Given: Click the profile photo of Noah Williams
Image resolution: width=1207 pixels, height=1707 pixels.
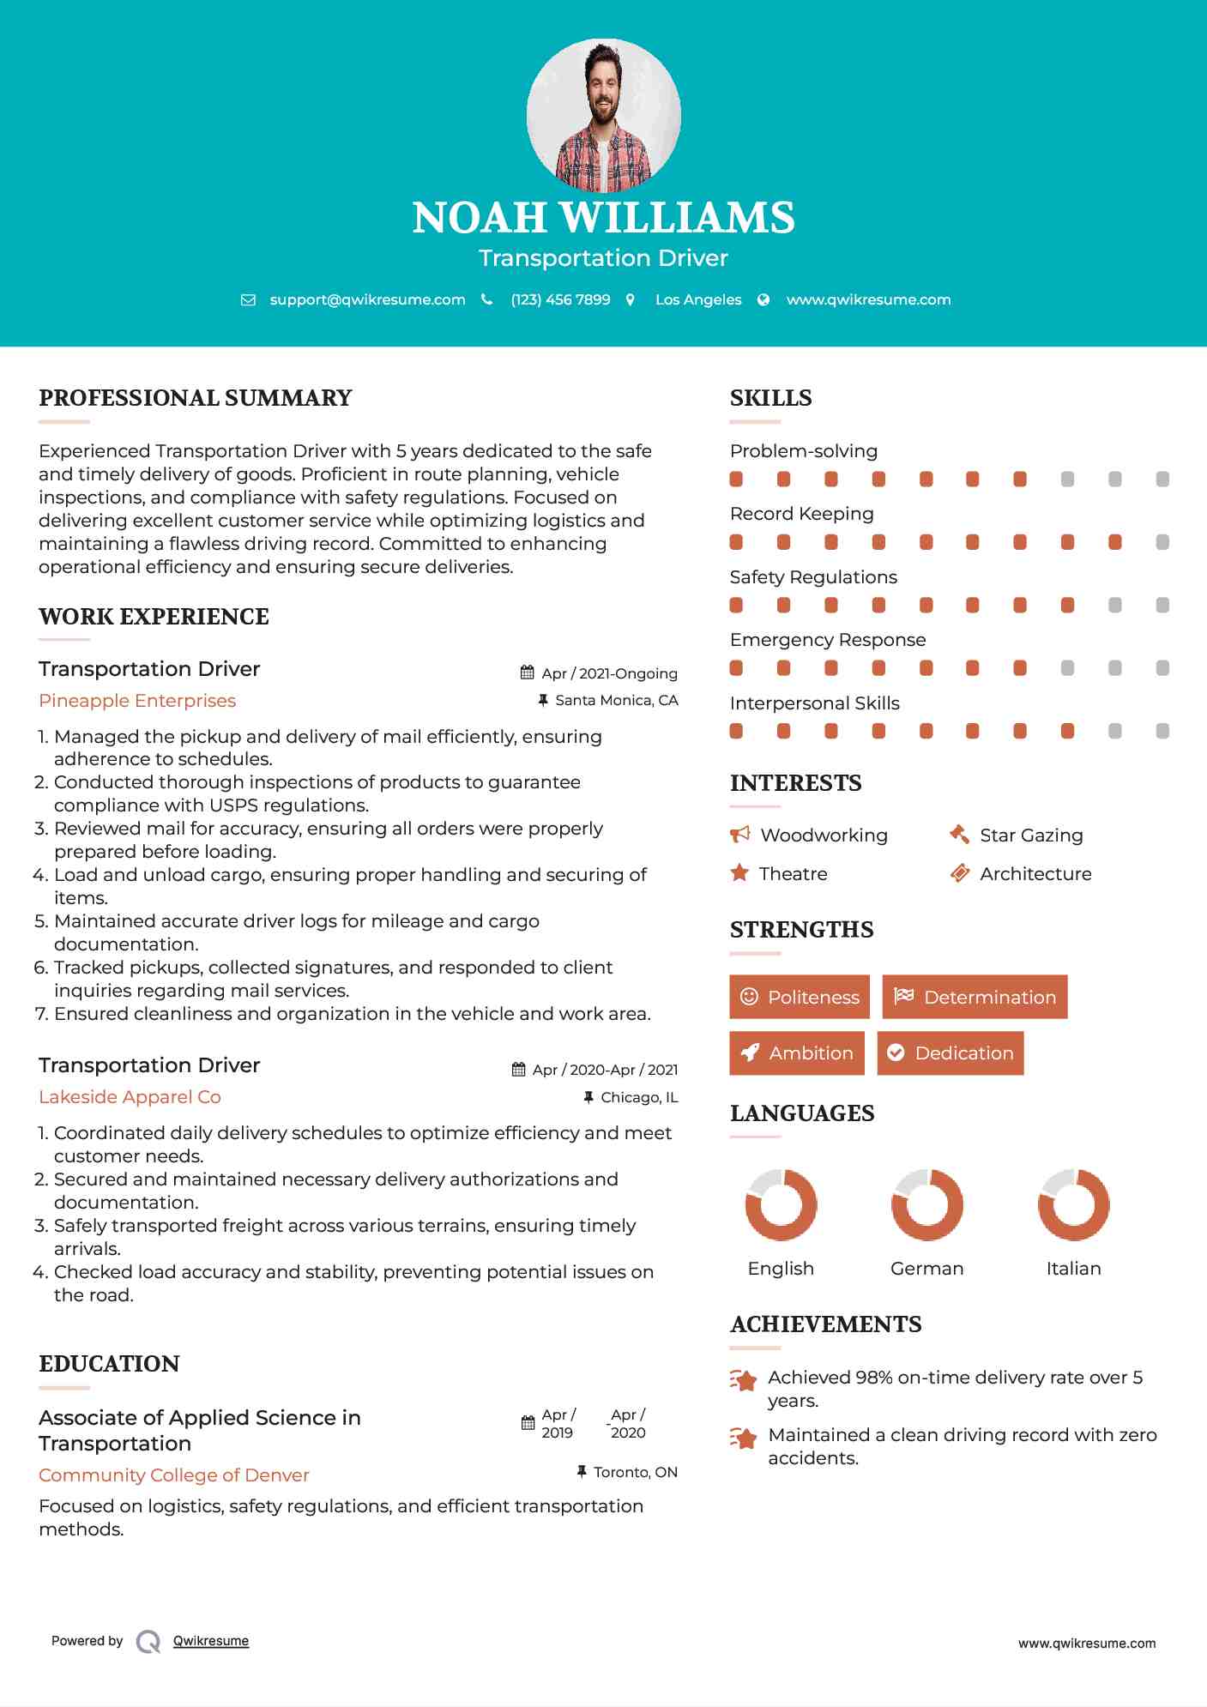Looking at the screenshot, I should pos(603,115).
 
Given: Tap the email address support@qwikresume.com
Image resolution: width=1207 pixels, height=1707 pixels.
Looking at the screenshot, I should pos(367,299).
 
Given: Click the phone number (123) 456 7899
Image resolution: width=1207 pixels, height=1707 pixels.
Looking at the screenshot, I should pos(560,299).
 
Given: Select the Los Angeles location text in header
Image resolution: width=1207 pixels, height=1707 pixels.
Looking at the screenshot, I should pos(698,299).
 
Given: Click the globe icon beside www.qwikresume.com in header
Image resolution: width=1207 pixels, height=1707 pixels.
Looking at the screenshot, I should pos(763,299).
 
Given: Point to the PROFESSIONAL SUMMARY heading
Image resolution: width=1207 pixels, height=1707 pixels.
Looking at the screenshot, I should pos(196,398).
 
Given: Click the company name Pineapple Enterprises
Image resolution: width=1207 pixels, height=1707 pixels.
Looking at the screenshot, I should pos(137,701).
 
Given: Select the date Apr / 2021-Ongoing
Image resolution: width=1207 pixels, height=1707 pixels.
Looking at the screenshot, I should pos(609,673).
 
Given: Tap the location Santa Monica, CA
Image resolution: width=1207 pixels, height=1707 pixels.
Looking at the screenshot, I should pos(616,700).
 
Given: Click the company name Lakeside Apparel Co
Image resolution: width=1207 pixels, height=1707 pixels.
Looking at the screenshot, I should pos(130,1097).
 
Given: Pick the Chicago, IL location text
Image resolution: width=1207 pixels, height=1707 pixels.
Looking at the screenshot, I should pos(639,1097).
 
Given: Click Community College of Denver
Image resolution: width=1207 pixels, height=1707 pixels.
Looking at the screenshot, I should pos(173,1475).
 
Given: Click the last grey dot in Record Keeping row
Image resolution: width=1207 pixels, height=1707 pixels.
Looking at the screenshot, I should pos(1162,542).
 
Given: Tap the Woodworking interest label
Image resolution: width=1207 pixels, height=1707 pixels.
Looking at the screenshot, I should pos(824,835).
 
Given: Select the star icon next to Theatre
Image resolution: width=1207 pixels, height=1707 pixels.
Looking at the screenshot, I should pos(739,873).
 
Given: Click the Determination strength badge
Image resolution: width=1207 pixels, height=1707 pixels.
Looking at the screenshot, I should pos(975,997).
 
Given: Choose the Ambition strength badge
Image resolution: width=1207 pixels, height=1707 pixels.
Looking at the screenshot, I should pos(796,1053).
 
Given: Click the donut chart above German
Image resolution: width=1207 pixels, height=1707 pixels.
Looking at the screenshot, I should pos(926,1204).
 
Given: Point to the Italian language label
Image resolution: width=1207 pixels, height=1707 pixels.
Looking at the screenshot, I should pos(1073,1269).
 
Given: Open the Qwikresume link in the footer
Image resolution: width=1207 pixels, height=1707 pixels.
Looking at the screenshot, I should pos(210,1641).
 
